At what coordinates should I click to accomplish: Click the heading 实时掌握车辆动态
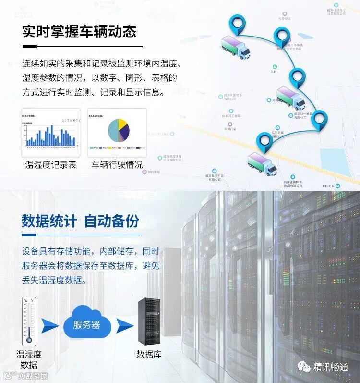coord(79,32)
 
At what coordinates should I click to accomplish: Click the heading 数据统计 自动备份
coord(80,221)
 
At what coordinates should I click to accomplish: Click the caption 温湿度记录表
coord(50,165)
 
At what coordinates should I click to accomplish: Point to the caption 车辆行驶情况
coord(117,165)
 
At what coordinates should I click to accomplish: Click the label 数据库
coord(149,354)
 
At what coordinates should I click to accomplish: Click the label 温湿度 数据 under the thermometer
coord(29,359)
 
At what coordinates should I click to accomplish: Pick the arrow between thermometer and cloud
coord(50,325)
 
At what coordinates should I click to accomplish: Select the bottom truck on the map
coord(262,163)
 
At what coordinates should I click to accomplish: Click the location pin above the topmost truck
coord(238,23)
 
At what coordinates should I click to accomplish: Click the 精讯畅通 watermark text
coord(330,367)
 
